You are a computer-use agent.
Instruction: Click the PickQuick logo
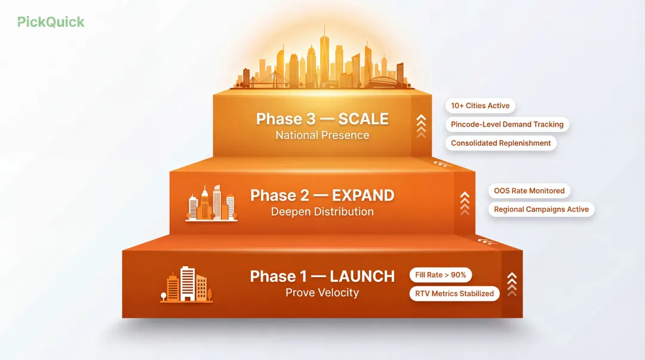pos(51,22)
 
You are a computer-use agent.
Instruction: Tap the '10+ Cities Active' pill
pos(480,106)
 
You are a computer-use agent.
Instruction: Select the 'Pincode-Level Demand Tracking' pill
pos(507,124)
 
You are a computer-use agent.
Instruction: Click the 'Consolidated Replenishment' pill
pos(500,143)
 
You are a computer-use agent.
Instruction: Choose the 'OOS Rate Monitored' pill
pos(529,190)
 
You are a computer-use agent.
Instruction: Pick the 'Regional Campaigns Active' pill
pos(541,210)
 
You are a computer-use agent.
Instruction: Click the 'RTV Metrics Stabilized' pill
pos(454,293)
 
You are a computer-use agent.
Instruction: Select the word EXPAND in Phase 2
pos(363,195)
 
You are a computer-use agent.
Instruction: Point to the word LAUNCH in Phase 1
pos(362,276)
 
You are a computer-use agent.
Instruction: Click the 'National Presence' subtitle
pos(322,136)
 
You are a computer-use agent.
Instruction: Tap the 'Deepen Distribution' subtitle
pos(322,212)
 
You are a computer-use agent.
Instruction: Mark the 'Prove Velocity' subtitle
pos(322,293)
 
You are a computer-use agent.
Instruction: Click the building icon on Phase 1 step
pos(186,285)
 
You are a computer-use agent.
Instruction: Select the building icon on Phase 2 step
pos(211,203)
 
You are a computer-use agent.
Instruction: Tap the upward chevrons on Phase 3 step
pos(421,126)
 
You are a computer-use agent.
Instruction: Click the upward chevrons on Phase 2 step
pos(465,203)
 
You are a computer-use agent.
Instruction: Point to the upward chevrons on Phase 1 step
pos(511,284)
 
